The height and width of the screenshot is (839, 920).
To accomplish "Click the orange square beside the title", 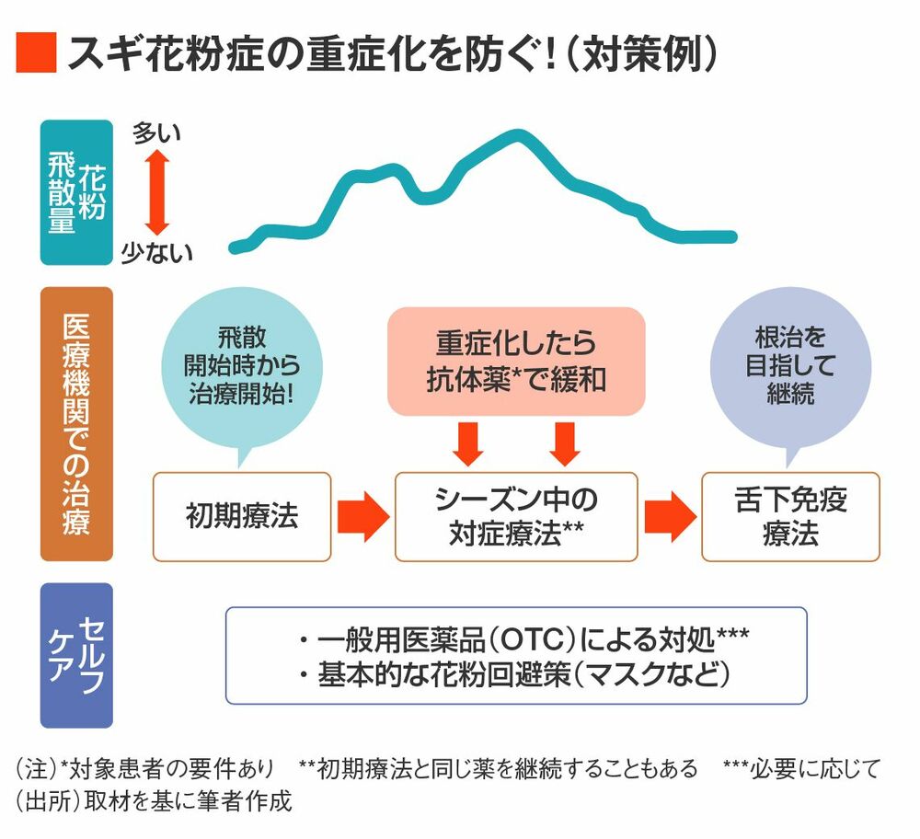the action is coord(37,52).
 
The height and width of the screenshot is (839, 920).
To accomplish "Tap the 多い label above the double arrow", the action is coord(156,133).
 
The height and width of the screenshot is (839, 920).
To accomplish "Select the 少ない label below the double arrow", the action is coord(156,253).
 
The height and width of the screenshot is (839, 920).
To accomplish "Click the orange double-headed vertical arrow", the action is coord(157,192).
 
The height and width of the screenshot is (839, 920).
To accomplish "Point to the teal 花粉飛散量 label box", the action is coord(76,192).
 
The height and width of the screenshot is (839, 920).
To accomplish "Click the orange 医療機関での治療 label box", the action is coord(76,423).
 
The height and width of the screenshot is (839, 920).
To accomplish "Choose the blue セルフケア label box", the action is coord(76,655).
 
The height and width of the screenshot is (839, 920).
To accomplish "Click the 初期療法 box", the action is coord(242,517).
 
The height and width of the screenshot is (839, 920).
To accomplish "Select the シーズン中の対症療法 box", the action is coord(516,517).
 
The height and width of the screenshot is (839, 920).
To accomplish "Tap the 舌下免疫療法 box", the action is coord(791,517).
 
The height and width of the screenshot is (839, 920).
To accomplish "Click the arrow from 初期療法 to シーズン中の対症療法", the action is coord(363,517).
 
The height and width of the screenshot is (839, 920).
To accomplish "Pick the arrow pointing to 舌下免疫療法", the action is coord(670,517).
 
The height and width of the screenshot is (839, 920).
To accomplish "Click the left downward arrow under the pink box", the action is coord(468,444).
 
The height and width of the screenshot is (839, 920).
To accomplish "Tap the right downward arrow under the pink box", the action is coord(565,444).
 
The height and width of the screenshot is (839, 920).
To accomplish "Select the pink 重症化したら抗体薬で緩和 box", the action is coord(516,362).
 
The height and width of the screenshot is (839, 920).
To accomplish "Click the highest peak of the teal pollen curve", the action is coord(517,135).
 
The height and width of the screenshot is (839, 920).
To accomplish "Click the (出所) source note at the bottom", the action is coord(154,801).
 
